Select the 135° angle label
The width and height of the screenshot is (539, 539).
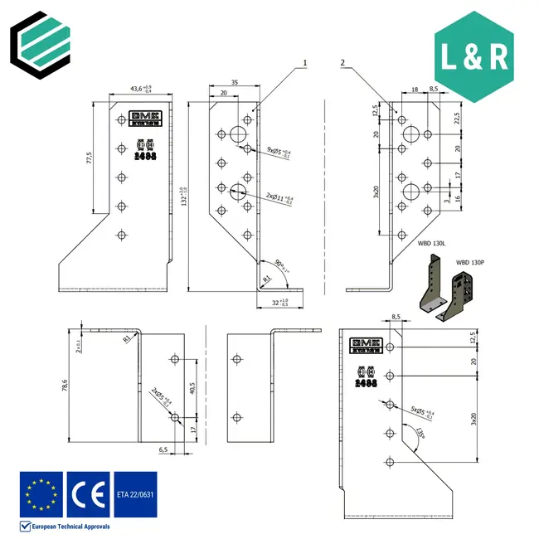click(x=421, y=434)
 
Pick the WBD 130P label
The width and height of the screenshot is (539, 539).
click(x=469, y=262)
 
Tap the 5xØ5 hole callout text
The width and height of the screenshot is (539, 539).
click(x=425, y=410)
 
